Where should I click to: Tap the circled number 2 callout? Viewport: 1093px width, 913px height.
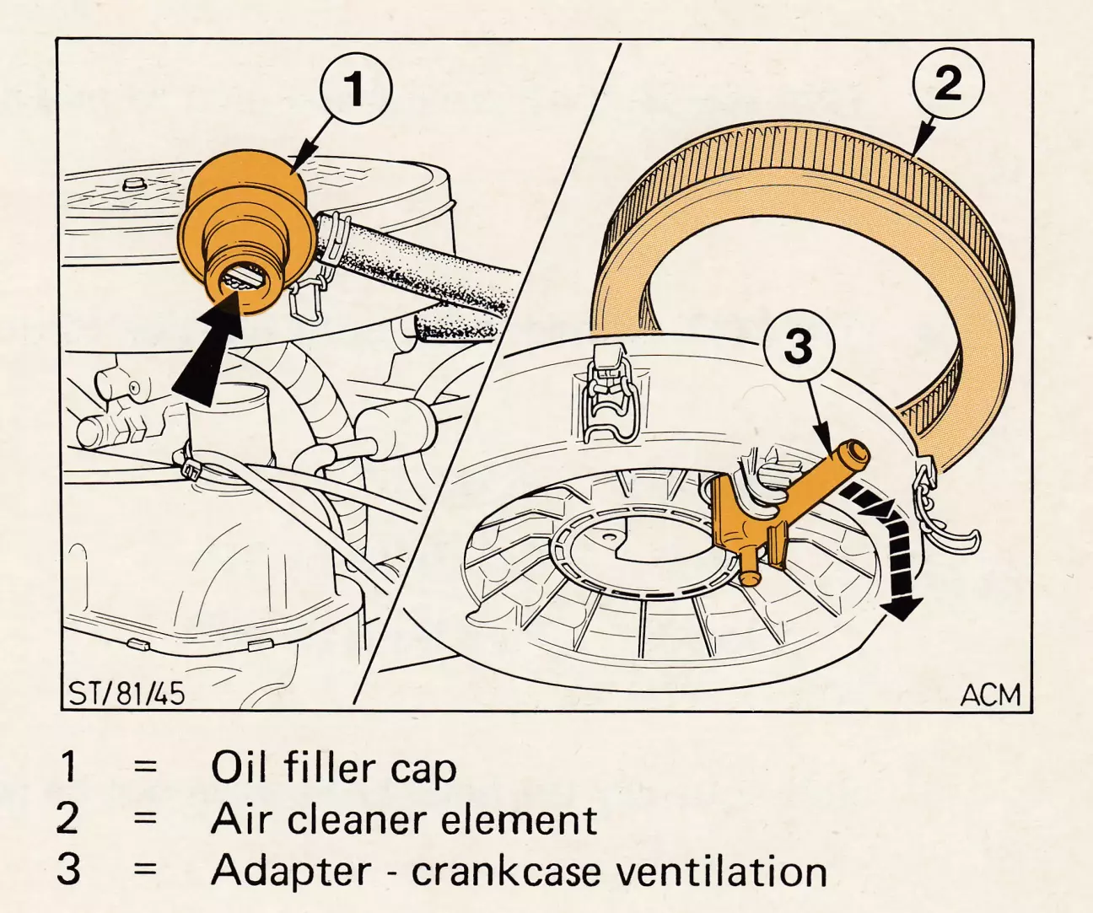tap(948, 83)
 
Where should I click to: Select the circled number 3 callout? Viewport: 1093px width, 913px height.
tap(799, 345)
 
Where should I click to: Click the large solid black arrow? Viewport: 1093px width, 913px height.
tap(209, 356)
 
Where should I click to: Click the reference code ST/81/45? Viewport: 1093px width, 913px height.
tap(127, 694)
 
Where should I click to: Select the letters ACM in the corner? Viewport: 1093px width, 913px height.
tap(991, 695)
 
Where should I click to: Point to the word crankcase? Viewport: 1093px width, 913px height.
tap(506, 871)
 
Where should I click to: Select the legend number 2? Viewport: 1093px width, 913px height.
tap(67, 819)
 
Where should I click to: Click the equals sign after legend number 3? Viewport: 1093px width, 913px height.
tap(146, 871)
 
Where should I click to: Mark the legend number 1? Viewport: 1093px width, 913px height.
tap(68, 767)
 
